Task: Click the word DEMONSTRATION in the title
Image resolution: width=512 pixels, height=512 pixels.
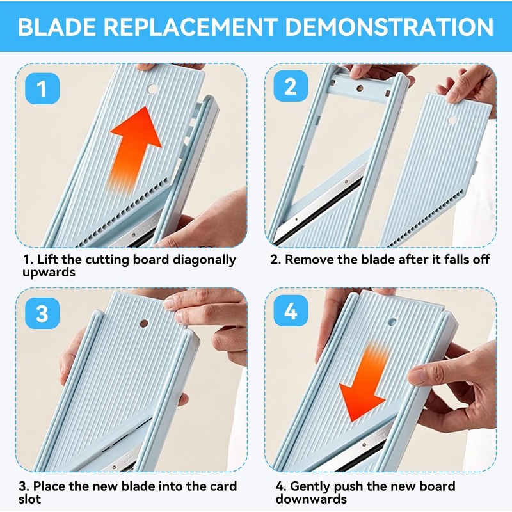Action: (389, 26)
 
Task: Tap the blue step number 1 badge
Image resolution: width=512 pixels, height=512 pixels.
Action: (42, 88)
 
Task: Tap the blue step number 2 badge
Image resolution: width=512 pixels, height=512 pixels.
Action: (291, 86)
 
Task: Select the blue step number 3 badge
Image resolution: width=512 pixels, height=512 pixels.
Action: (42, 313)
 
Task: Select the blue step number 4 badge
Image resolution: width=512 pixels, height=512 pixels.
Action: (291, 310)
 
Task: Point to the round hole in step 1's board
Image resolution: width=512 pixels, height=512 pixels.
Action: (152, 88)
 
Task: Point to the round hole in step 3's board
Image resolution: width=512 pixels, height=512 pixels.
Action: (143, 324)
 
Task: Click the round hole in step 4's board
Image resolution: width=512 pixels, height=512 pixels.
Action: (392, 322)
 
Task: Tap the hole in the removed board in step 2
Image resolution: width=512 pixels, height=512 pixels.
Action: (452, 120)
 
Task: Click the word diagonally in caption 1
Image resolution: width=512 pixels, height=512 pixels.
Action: (204, 260)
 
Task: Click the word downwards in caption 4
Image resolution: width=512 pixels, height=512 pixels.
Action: (311, 499)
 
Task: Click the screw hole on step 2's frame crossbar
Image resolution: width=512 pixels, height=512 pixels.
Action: (360, 88)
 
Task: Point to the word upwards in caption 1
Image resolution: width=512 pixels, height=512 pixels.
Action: (49, 273)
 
